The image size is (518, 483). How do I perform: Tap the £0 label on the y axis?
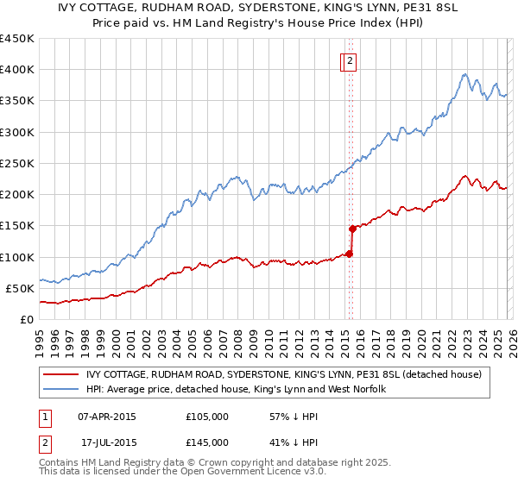tap(28, 319)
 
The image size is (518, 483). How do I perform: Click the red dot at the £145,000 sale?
tap(352, 229)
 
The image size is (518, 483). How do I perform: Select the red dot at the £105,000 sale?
tap(349, 254)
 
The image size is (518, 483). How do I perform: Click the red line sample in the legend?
tap(61, 374)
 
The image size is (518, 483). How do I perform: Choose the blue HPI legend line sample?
tap(61, 390)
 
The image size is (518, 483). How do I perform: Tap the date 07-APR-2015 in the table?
tap(107, 417)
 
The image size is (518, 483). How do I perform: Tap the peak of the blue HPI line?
tap(464, 74)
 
